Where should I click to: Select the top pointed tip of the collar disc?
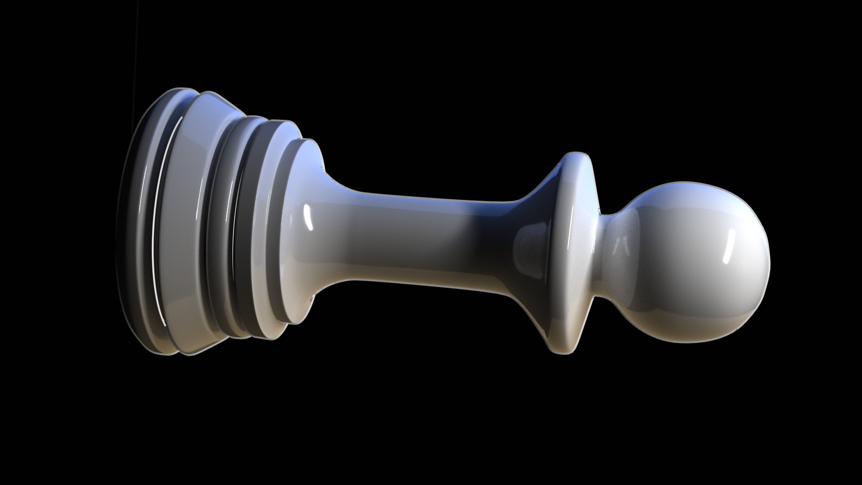click(576, 155)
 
